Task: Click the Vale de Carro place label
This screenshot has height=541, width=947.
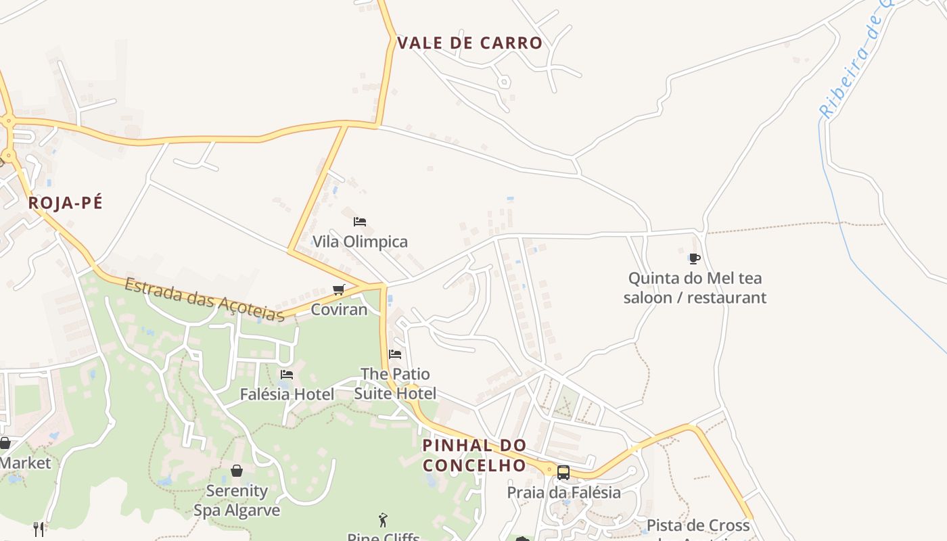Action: [x=469, y=43]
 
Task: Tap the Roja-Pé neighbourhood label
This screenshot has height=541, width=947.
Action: [x=66, y=203]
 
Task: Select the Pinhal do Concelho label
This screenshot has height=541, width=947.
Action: [x=474, y=455]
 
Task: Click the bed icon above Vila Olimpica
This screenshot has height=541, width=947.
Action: [x=360, y=222]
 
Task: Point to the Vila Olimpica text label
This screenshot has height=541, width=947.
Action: [x=360, y=241]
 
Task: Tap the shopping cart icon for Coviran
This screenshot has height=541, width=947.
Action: [x=339, y=290]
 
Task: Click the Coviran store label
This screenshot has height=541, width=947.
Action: [x=339, y=310]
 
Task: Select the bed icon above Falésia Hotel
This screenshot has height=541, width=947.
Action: [x=287, y=375]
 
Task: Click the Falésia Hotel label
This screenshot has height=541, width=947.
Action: [x=287, y=394]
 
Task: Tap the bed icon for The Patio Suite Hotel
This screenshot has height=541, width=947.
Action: [x=395, y=354]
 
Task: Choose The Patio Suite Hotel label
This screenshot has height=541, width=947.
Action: [x=395, y=383]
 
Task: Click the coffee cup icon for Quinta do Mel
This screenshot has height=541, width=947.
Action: [x=694, y=258]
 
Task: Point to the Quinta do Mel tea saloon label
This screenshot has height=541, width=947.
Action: [x=695, y=287]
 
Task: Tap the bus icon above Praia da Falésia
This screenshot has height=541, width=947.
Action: [x=563, y=473]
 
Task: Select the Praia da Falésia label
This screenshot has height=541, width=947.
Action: [x=563, y=492]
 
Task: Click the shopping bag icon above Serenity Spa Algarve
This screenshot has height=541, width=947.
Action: [x=237, y=471]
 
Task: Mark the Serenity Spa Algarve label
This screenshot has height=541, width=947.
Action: [x=237, y=500]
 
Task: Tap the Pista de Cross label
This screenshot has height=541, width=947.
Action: [x=698, y=525]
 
